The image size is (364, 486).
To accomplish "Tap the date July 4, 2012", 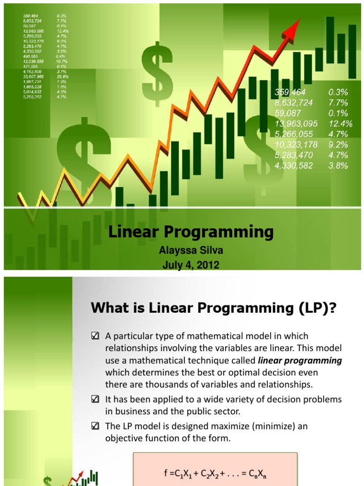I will (x=191, y=265).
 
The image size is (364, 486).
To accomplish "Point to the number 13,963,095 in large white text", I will (x=296, y=123).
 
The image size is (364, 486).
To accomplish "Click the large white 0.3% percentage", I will (x=338, y=92).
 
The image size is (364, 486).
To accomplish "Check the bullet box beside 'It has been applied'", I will (x=94, y=399).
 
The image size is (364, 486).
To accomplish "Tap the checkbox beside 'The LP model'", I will (x=94, y=426).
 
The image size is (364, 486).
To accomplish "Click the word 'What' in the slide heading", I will (x=109, y=309).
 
